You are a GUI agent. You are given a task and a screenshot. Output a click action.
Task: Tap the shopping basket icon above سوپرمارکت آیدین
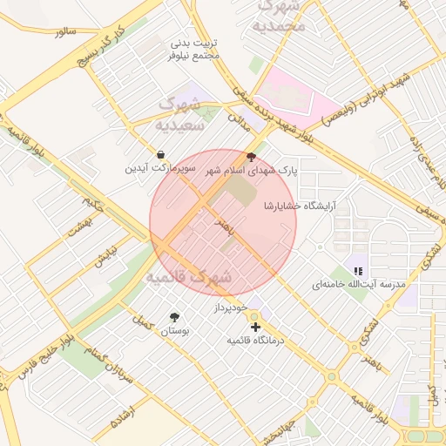click(x=160, y=154)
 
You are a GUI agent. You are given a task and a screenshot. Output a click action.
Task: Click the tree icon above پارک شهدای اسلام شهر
click(x=252, y=158)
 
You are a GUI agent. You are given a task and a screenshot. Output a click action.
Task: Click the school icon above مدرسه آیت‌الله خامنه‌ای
click(x=358, y=271)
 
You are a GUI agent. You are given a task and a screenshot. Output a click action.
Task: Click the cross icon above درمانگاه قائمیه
click(x=254, y=327)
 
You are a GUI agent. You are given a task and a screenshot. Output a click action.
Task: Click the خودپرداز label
click(x=231, y=309)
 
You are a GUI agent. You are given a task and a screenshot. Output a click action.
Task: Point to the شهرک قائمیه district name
click(x=188, y=277)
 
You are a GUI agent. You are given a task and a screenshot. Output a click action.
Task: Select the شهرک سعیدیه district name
click(x=179, y=114)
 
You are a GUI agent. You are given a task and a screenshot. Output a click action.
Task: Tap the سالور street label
click(x=65, y=31)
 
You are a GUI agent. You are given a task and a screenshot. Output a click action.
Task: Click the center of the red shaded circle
click(x=223, y=222)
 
